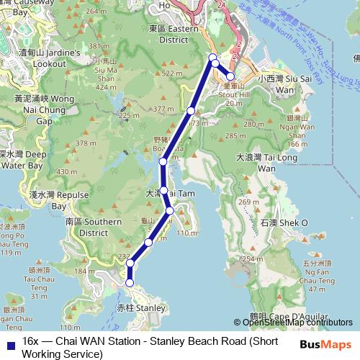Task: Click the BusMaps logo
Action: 326,344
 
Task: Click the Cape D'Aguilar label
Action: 290,315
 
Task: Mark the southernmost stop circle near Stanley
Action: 130,283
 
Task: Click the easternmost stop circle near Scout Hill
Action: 230,76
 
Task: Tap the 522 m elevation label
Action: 173,73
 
